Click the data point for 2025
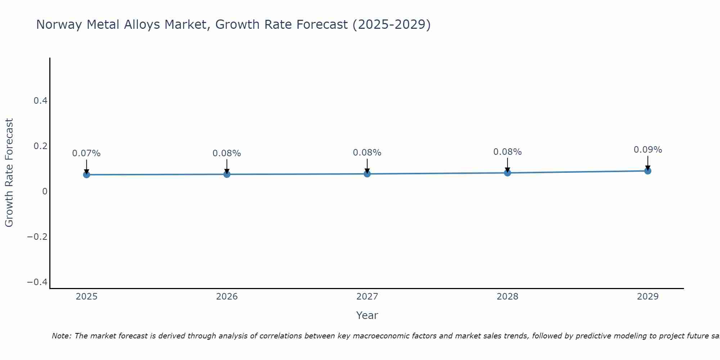[x=86, y=175]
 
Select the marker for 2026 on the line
[x=227, y=174]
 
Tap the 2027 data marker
[x=367, y=174]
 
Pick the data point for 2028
[x=507, y=173]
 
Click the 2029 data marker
[x=648, y=171]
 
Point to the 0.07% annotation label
[x=86, y=153]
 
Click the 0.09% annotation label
[x=648, y=150]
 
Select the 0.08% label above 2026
[x=227, y=153]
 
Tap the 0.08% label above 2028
[x=507, y=152]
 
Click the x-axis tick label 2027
[x=367, y=297]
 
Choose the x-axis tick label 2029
[x=648, y=297]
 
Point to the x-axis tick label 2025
[x=86, y=297]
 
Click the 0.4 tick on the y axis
[x=41, y=101]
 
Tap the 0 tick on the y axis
[x=45, y=192]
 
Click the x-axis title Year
[x=367, y=315]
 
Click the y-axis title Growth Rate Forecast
[x=9, y=173]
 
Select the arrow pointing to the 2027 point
[x=367, y=166]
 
